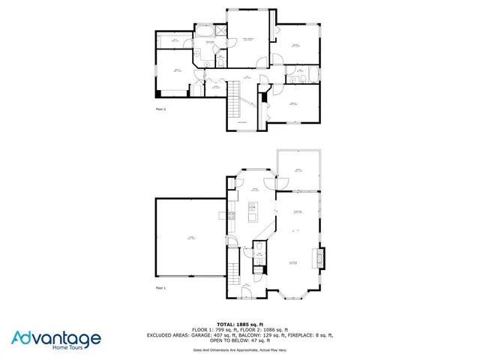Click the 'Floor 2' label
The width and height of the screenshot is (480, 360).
(160, 109)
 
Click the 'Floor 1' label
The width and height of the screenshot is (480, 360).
(160, 287)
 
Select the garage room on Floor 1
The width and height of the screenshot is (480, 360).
(190, 238)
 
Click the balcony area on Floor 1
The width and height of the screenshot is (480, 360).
(298, 170)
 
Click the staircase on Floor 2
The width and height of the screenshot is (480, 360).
(234, 95)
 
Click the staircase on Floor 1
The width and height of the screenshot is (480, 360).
(232, 262)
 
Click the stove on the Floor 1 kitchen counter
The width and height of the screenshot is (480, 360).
(232, 217)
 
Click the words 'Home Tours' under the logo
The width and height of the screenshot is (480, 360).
(82, 347)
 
